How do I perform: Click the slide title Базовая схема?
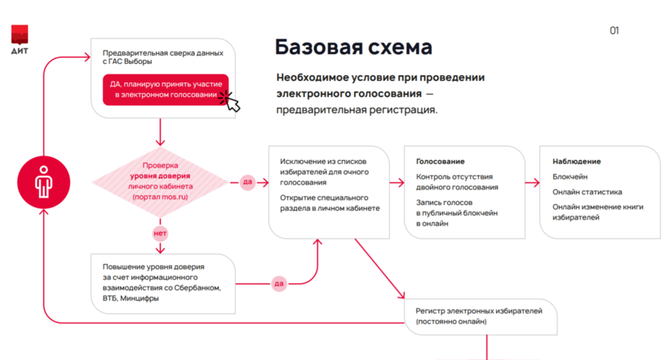point(352,46)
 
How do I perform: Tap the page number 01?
point(614,31)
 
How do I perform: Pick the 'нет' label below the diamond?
point(160,233)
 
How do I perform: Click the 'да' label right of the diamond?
point(247,181)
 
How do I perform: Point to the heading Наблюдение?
point(576,162)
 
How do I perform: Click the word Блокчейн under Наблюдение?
point(571,176)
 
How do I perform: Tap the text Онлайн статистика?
point(587,192)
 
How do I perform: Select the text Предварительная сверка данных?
point(162,52)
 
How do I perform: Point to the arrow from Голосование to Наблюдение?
point(530,181)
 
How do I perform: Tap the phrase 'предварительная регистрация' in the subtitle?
point(356,109)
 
